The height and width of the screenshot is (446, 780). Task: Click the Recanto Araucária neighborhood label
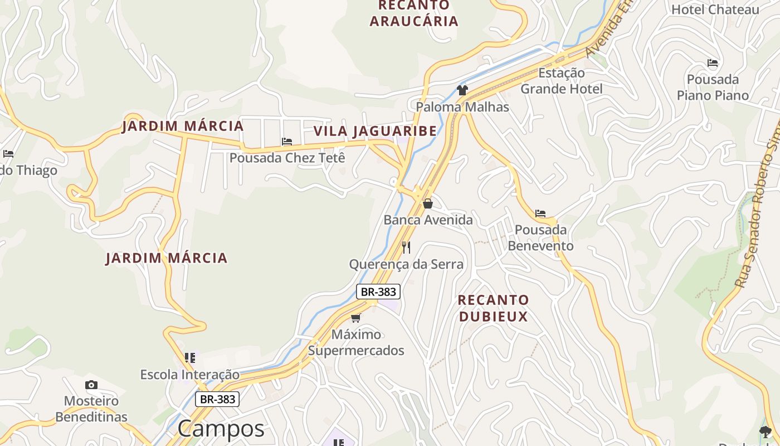(x=413, y=13)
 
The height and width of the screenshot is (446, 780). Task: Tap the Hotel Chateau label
(x=715, y=9)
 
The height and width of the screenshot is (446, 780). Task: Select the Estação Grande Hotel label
(x=561, y=81)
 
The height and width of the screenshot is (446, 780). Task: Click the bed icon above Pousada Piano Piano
(x=713, y=63)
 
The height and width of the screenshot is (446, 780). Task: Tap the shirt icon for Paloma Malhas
(x=462, y=90)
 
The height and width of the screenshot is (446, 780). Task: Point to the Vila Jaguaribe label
(x=375, y=131)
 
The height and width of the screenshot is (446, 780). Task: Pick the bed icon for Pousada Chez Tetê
(x=287, y=142)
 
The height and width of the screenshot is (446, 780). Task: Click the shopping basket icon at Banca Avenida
(x=428, y=203)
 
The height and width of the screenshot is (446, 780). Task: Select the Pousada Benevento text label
(x=540, y=237)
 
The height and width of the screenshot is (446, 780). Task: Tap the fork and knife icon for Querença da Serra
(x=406, y=247)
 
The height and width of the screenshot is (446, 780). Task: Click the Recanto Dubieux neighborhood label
(x=493, y=308)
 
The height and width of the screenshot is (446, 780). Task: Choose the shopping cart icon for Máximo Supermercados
(x=355, y=318)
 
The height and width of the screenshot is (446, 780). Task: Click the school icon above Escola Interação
(x=190, y=357)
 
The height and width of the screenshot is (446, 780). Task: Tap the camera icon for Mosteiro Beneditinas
(x=91, y=385)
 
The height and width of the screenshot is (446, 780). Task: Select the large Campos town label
(x=221, y=429)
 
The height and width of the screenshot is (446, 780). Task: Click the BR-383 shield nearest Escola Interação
(x=217, y=399)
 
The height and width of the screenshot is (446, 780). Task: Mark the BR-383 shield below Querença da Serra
(x=378, y=292)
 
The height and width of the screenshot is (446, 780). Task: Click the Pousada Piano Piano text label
(x=713, y=88)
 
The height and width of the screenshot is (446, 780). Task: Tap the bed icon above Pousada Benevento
(x=540, y=214)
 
